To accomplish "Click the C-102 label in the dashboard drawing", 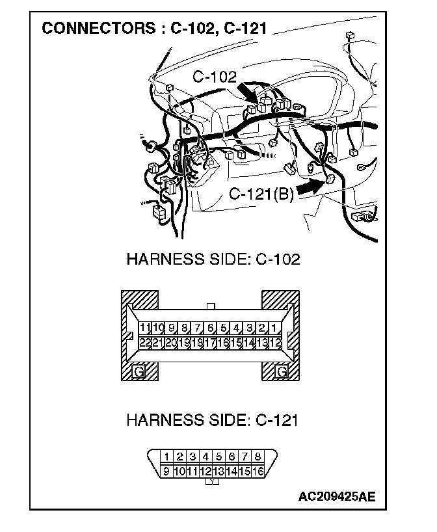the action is (x=215, y=77).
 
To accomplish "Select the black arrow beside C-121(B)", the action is (x=311, y=188).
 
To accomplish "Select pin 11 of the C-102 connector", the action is (x=146, y=328).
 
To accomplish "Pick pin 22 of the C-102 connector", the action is (x=146, y=342).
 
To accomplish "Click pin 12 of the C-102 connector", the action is (x=275, y=342).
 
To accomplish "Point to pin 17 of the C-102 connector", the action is (x=210, y=342).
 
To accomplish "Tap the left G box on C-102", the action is (x=138, y=371).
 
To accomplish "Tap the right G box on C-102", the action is (x=282, y=371).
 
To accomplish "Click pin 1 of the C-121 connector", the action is (x=167, y=457).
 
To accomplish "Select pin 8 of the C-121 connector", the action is (x=258, y=457).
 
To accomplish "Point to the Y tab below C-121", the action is (x=213, y=482).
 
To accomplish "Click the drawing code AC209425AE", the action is (x=337, y=497).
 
